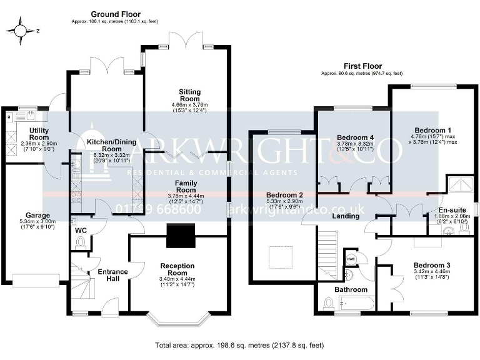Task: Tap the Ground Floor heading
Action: click(x=116, y=14)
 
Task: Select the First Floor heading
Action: click(x=362, y=66)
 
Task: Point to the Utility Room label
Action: click(x=39, y=133)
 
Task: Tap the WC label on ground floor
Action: click(x=81, y=231)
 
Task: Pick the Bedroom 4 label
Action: click(x=355, y=137)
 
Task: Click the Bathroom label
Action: click(x=350, y=290)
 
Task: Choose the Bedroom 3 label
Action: click(x=432, y=265)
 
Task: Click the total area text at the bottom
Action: click(x=240, y=345)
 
